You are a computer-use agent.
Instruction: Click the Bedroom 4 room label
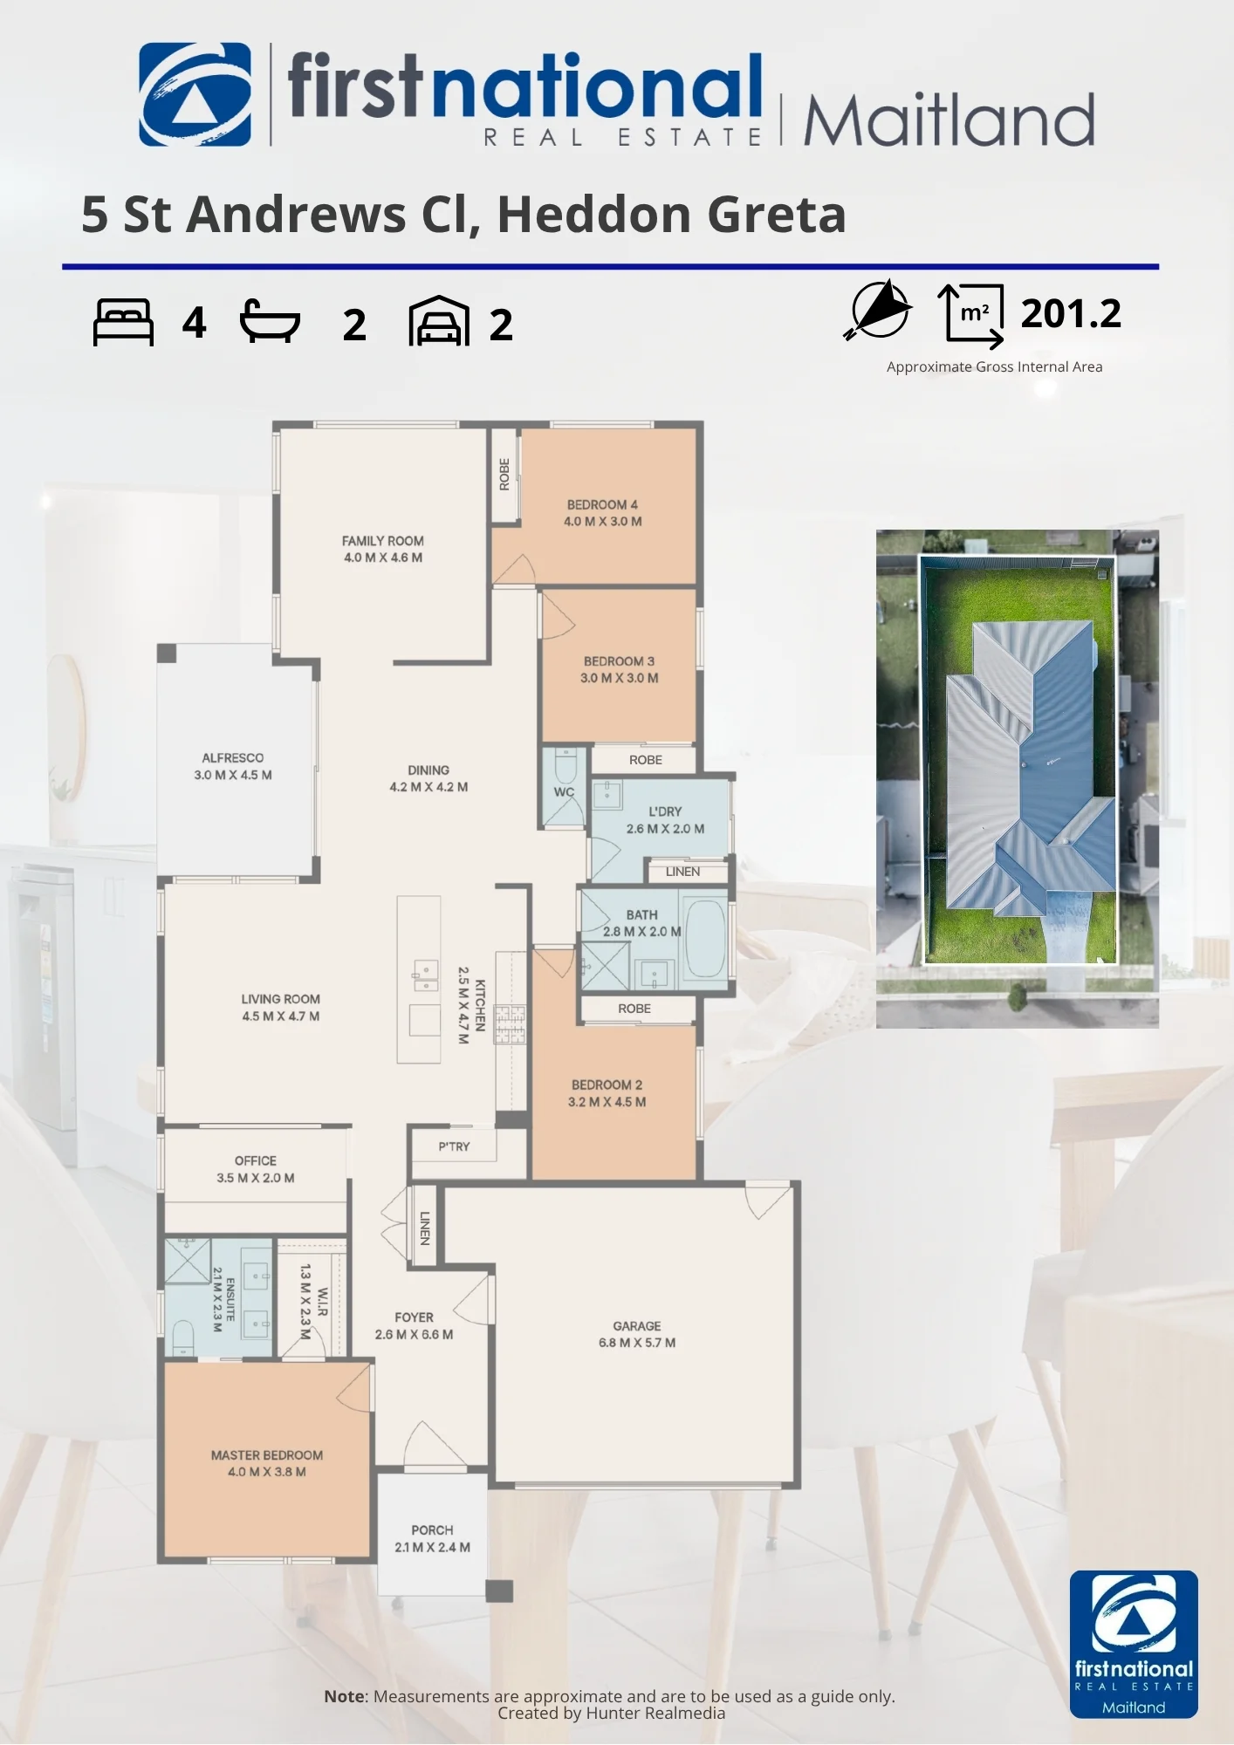[602, 504]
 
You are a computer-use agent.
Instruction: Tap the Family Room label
[383, 541]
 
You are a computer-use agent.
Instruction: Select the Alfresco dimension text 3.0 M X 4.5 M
[233, 775]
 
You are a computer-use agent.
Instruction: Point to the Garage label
[637, 1325]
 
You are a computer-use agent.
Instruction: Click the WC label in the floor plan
[564, 792]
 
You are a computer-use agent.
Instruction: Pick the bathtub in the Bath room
[705, 938]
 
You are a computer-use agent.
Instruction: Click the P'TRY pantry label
[454, 1146]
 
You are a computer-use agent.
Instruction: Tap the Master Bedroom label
[267, 1455]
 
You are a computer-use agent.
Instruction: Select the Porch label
[432, 1530]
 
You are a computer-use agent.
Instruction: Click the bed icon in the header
[123, 322]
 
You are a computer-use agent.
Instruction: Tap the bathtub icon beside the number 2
[271, 321]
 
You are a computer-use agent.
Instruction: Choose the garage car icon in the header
[439, 321]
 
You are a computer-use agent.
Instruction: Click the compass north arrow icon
[878, 310]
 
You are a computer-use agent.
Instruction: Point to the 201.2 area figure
[1071, 313]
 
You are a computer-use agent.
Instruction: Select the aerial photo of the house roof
[1018, 778]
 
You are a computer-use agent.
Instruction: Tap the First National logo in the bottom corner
[1134, 1644]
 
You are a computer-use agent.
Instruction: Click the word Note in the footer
[344, 1696]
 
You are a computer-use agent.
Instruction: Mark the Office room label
[256, 1160]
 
